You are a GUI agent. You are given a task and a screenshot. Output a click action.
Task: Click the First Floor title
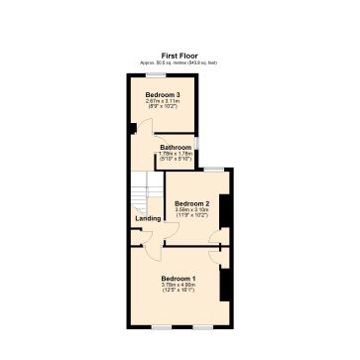(x=180, y=56)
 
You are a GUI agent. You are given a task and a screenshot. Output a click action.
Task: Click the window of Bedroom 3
(x=156, y=75)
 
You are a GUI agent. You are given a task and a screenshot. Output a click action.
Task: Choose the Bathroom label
(x=176, y=148)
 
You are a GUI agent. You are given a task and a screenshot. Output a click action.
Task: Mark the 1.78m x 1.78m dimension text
(x=176, y=154)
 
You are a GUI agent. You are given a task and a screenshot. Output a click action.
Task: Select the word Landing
(x=148, y=220)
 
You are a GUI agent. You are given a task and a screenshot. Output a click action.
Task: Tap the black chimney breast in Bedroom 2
(x=225, y=212)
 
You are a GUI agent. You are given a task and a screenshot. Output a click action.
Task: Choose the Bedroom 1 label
(x=180, y=278)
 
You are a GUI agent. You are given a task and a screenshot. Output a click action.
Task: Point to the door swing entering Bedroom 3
(x=146, y=127)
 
